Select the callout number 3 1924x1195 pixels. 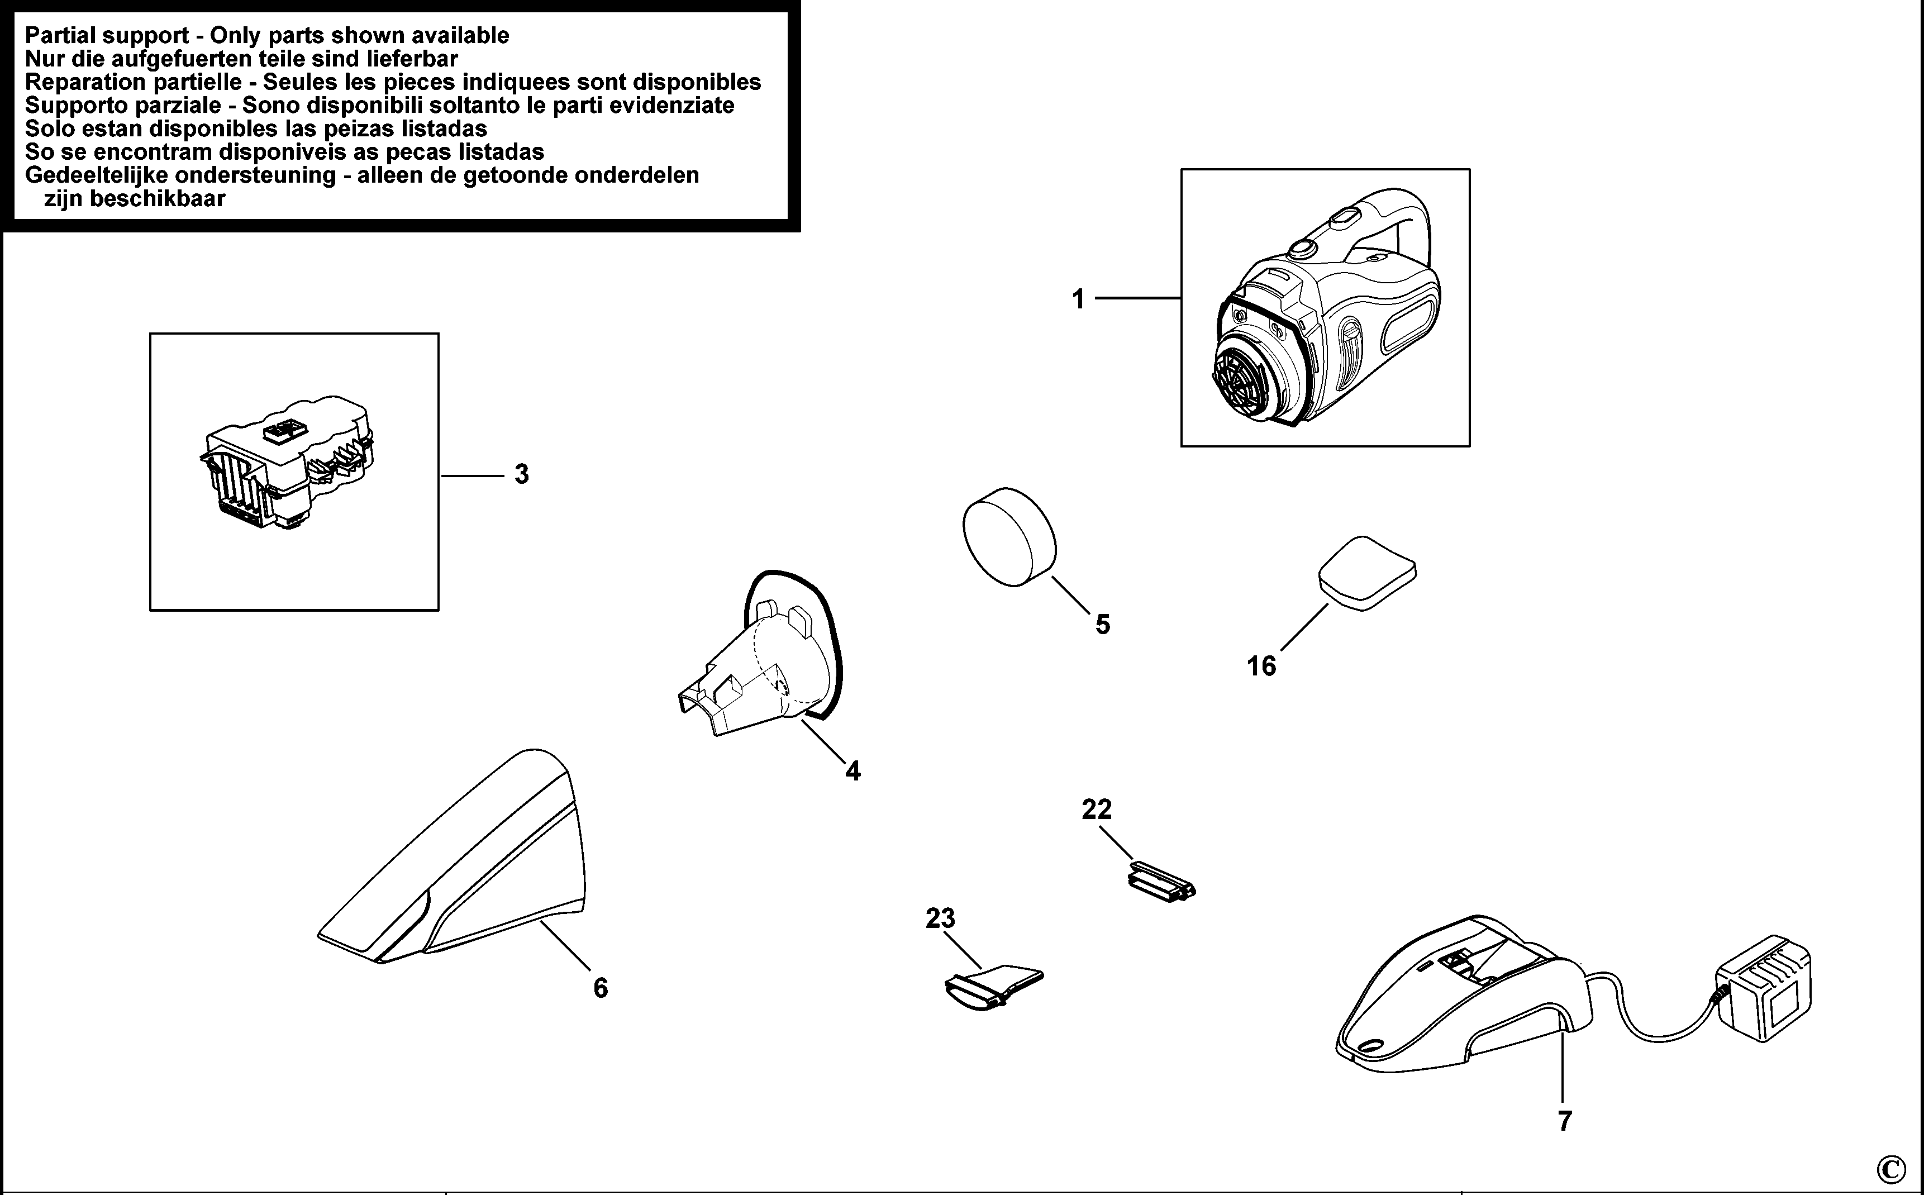(521, 474)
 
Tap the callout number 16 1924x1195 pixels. (1261, 666)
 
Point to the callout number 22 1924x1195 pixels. (1097, 810)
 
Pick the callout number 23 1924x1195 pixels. (940, 918)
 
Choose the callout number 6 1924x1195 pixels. (601, 988)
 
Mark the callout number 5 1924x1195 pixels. (1102, 625)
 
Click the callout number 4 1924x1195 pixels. (853, 770)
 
